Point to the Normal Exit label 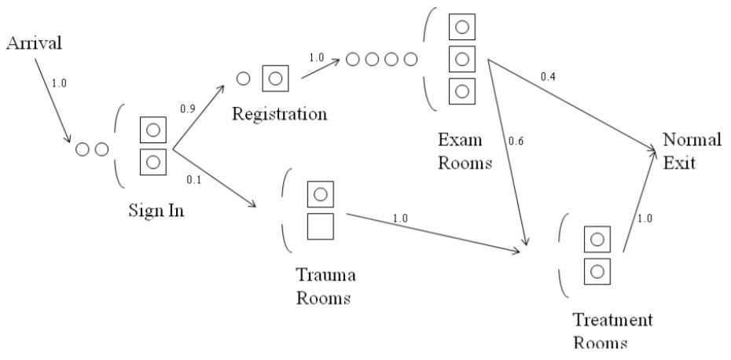click(x=692, y=154)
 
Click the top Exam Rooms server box click(x=461, y=27)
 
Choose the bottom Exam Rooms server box click(x=461, y=89)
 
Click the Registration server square click(x=275, y=79)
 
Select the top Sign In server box click(x=152, y=130)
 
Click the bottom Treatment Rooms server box click(x=597, y=271)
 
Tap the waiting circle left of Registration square click(x=244, y=78)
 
